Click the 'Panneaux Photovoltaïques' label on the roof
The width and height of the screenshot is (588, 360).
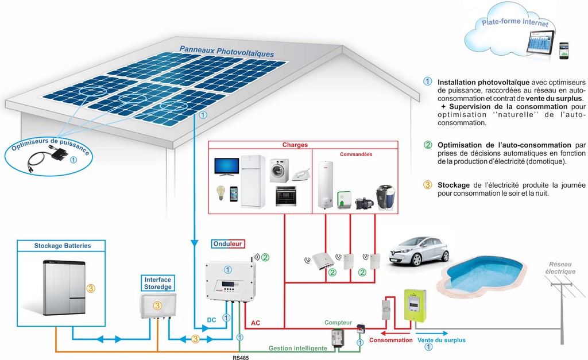pyautogui.click(x=226, y=52)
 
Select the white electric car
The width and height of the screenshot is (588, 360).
pyautogui.click(x=418, y=250)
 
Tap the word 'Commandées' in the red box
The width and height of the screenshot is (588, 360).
pyautogui.click(x=356, y=154)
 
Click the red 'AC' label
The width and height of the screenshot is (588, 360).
pyautogui.click(x=256, y=323)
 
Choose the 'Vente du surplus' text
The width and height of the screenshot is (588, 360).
pyautogui.click(x=441, y=340)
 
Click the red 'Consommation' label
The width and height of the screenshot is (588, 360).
pyautogui.click(x=390, y=340)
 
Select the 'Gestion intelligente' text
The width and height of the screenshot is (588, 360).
pyautogui.click(x=298, y=348)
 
